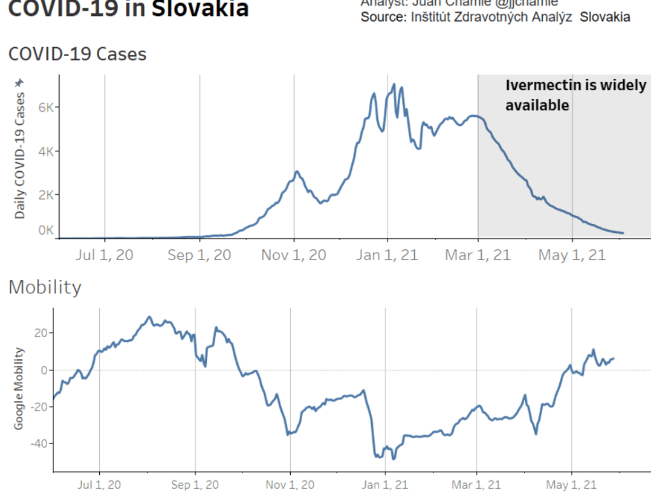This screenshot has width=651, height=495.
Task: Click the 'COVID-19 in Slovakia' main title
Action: (x=128, y=10)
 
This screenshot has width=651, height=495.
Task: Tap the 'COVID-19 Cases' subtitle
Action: (x=77, y=55)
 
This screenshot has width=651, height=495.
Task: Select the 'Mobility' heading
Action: (x=45, y=288)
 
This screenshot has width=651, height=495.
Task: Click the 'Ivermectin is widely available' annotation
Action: (x=575, y=95)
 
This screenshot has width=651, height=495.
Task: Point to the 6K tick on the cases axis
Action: (x=46, y=108)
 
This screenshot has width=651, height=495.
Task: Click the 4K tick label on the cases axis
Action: (x=46, y=151)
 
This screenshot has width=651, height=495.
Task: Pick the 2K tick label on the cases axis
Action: (x=46, y=194)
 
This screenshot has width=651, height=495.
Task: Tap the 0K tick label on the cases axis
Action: (x=46, y=230)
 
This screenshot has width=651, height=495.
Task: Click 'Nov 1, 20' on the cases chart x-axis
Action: (x=293, y=256)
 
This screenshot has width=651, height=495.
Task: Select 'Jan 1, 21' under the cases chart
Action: (x=387, y=256)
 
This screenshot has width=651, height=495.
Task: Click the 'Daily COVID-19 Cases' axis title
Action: (x=20, y=156)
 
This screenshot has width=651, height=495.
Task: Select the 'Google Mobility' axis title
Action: (x=19, y=388)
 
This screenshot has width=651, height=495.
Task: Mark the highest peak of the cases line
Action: (x=395, y=84)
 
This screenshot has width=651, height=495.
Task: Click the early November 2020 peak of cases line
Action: (x=297, y=172)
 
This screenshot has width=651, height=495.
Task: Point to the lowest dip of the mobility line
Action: (x=394, y=459)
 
